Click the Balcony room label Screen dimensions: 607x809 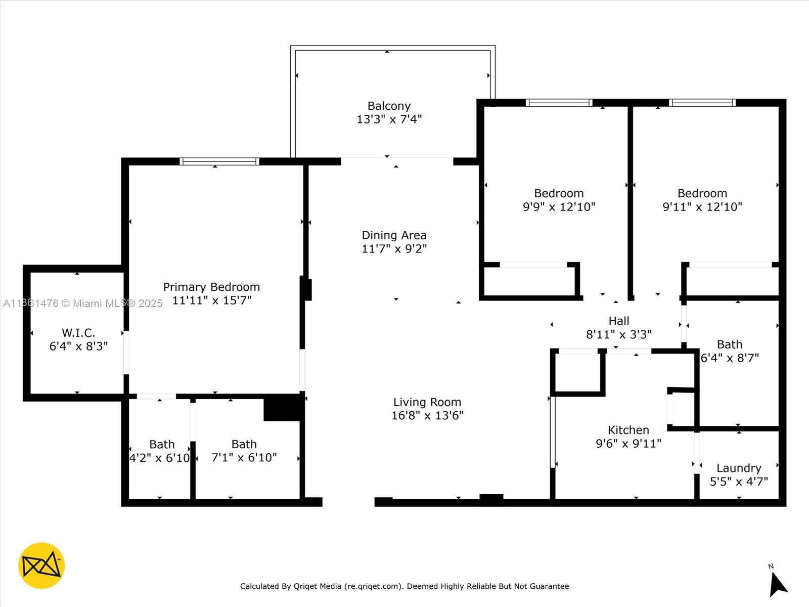[389, 106]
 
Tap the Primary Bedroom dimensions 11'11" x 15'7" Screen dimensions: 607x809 [211, 300]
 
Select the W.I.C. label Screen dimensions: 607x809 [78, 333]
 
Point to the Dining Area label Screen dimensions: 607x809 [394, 235]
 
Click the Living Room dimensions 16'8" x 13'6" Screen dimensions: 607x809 [427, 416]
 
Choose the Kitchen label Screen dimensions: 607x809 [628, 430]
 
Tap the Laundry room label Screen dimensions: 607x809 [738, 468]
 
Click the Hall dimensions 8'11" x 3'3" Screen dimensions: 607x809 [618, 335]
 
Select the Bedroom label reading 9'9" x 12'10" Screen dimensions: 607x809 [559, 193]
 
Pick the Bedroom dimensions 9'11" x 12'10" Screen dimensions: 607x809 [702, 207]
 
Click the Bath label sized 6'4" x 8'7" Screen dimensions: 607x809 [729, 344]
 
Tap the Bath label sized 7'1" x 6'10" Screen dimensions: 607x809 [244, 444]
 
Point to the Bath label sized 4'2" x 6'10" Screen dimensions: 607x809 [162, 445]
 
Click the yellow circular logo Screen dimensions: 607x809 [41, 566]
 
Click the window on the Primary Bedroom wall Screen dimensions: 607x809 [219, 161]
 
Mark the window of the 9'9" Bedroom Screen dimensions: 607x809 [559, 103]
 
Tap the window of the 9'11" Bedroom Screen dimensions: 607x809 [702, 103]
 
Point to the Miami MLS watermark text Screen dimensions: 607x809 [117, 303]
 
